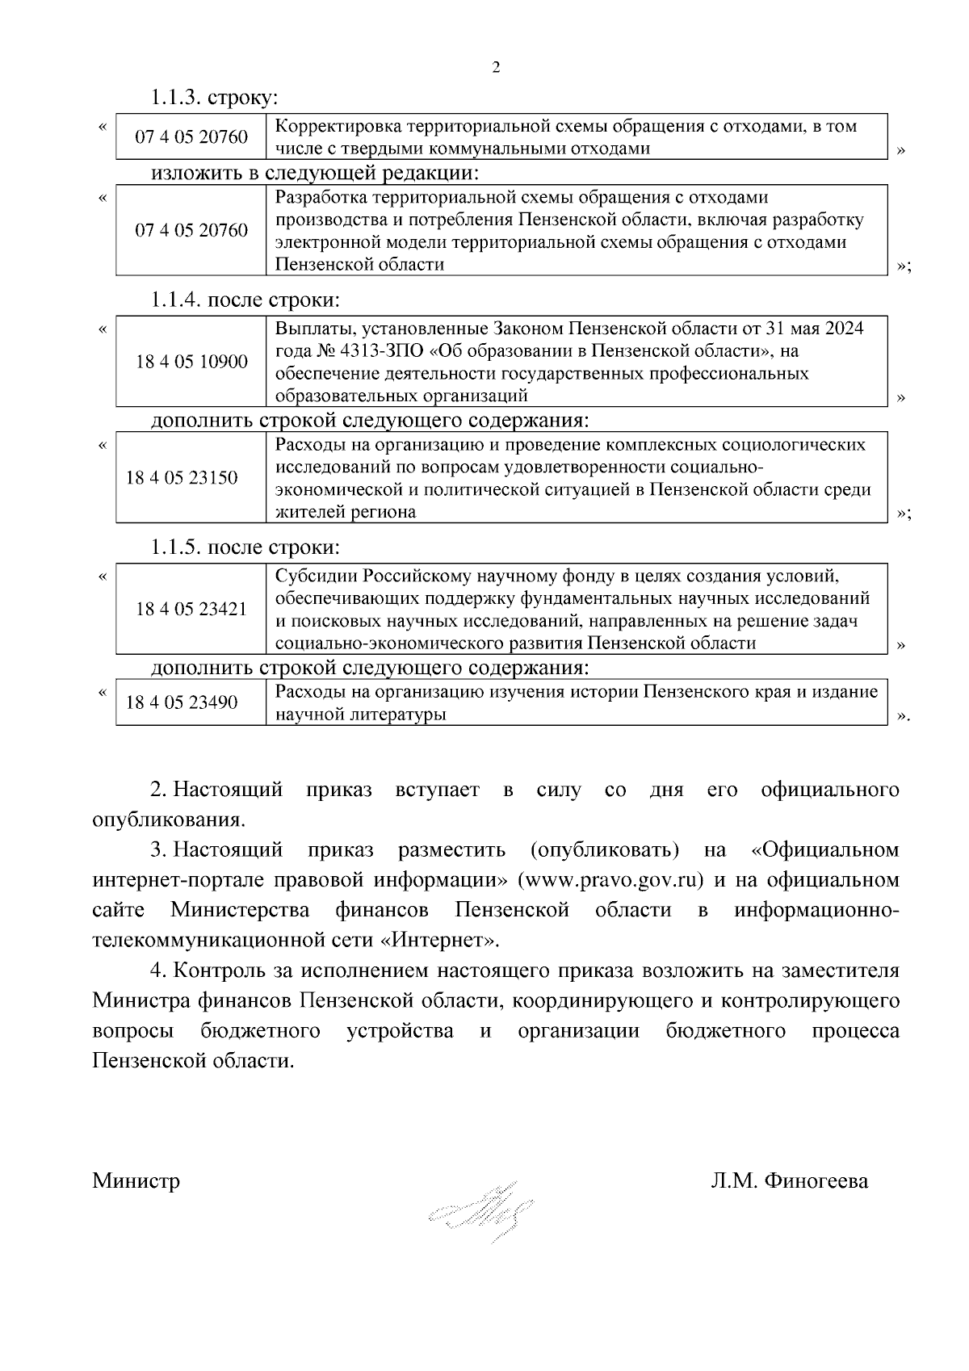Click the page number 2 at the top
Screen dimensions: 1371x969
496,68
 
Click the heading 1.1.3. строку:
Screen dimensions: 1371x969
214,98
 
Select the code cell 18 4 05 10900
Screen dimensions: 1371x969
191,361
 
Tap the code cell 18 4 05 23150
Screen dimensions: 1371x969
182,477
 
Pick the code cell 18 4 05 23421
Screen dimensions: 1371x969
191,609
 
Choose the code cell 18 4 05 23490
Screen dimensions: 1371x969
182,702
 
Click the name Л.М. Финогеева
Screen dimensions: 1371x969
789,1181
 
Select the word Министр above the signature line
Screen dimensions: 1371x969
136,1181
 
